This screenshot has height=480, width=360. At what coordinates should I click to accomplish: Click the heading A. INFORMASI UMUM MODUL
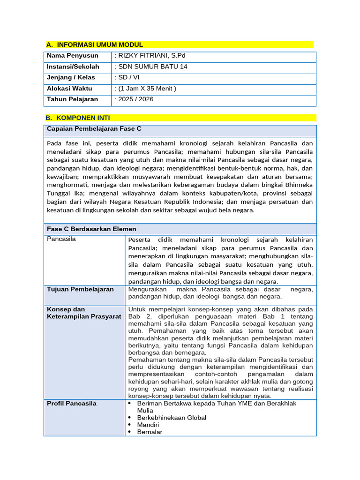tap(95, 45)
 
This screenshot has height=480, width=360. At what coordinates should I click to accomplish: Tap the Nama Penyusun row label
tap(73, 56)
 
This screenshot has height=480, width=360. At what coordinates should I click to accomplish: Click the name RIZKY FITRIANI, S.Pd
tap(147, 56)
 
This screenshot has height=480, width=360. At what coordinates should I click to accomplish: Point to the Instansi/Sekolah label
tap(73, 67)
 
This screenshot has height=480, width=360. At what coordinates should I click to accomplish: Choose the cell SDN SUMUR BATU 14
tap(151, 67)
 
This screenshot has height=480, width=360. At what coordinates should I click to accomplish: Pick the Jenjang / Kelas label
tap(71, 77)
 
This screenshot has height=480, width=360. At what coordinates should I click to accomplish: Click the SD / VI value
tap(127, 77)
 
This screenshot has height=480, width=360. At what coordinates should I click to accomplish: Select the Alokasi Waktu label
tap(69, 88)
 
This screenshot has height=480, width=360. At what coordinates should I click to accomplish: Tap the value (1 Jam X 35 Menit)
tap(145, 88)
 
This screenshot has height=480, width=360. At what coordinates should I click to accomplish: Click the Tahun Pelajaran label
tap(73, 99)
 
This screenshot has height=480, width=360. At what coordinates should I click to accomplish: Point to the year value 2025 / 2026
tap(134, 99)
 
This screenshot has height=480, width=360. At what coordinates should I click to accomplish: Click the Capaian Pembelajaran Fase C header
tap(94, 128)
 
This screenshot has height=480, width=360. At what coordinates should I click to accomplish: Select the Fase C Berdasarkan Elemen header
tap(92, 229)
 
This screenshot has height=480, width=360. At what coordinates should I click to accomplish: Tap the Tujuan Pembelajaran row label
tap(81, 289)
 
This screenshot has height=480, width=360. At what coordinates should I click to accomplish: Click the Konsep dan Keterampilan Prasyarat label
tap(84, 313)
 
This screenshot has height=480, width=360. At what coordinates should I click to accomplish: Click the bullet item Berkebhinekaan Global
tap(172, 417)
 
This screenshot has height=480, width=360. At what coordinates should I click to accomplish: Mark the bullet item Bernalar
tap(150, 432)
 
